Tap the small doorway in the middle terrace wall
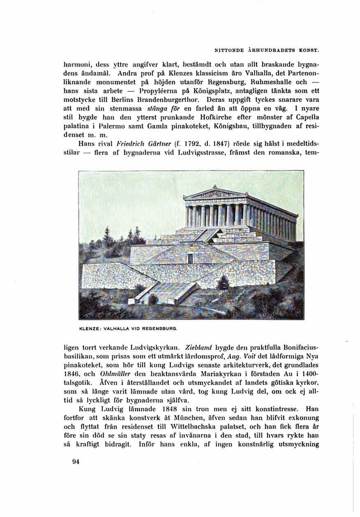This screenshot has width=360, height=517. (190, 258)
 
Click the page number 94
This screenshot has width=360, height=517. (76, 461)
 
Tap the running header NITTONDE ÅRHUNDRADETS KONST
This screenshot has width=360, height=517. (267, 50)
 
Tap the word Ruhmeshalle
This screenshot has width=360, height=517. (272, 81)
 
